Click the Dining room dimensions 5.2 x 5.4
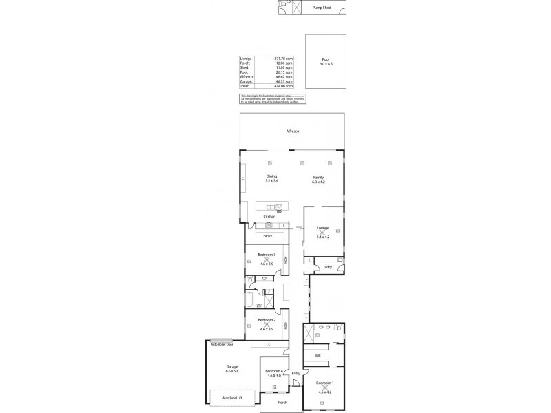tap(272, 180)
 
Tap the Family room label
tap(318, 176)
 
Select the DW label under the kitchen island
tap(279, 211)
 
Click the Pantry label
tap(267, 236)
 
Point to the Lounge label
tap(323, 228)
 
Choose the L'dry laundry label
tap(329, 266)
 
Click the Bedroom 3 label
tap(267, 255)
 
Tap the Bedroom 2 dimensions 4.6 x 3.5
tap(267, 330)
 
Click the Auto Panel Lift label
tap(231, 397)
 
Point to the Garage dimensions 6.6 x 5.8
tap(231, 371)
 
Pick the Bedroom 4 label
tap(274, 372)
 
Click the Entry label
tap(295, 374)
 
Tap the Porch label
tap(282, 403)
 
